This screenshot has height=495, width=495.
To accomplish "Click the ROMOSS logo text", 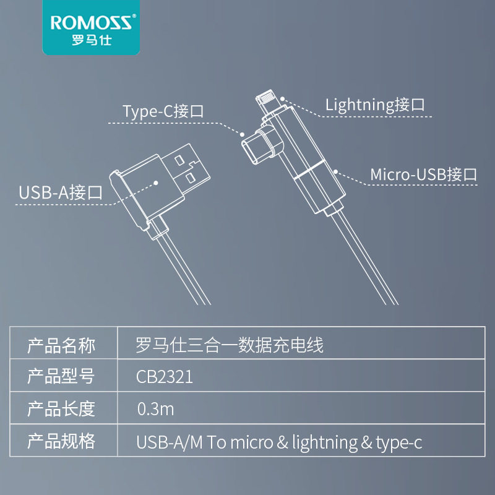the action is pyautogui.click(x=90, y=24).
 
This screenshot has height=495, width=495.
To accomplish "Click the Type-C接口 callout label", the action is pyautogui.click(x=163, y=111).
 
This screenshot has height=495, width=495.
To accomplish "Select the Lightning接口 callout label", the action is pyautogui.click(x=376, y=105).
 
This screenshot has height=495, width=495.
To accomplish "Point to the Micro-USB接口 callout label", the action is pyautogui.click(x=424, y=174).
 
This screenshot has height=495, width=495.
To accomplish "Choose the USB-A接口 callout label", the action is pyautogui.click(x=60, y=192).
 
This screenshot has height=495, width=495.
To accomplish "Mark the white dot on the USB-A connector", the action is pyautogui.click(x=156, y=183).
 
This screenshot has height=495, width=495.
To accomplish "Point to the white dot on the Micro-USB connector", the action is pyautogui.click(x=335, y=170).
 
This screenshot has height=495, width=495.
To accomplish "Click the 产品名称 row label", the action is pyautogui.click(x=61, y=345).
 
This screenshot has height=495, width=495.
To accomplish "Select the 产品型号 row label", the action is pyautogui.click(x=61, y=377).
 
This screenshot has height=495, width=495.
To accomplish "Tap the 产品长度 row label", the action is pyautogui.click(x=61, y=408).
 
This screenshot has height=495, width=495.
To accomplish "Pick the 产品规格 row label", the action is pyautogui.click(x=61, y=441).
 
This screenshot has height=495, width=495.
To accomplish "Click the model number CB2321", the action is pyautogui.click(x=164, y=377).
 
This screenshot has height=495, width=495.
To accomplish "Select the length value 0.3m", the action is pyautogui.click(x=155, y=409).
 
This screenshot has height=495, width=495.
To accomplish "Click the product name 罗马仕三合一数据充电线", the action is pyautogui.click(x=230, y=345).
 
